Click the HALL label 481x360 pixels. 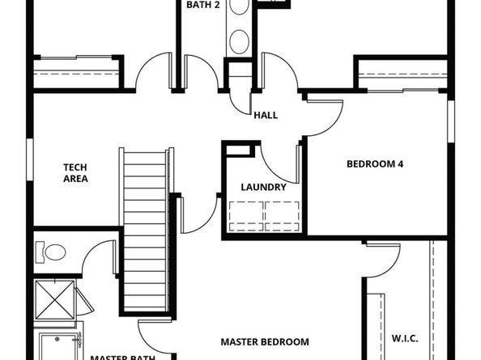[x=266, y=116]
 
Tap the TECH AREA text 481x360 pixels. [x=75, y=173]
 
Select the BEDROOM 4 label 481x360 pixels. [x=375, y=164]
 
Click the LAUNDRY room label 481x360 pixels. [x=263, y=187]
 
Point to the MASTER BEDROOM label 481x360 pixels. [x=265, y=342]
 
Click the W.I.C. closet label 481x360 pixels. [x=405, y=339]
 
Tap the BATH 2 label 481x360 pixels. [x=203, y=5]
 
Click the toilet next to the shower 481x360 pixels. [x=51, y=252]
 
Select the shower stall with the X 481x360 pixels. [x=55, y=300]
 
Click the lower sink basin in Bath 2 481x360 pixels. [x=239, y=42]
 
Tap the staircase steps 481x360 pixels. [x=145, y=230]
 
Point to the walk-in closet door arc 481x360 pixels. [x=389, y=268]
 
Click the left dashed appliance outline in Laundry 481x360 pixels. [x=246, y=216]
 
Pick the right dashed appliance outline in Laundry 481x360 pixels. [x=283, y=216]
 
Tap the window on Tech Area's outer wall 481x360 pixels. [x=30, y=159]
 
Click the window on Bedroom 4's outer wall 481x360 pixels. [x=451, y=121]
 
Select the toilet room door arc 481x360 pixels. [x=94, y=252]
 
